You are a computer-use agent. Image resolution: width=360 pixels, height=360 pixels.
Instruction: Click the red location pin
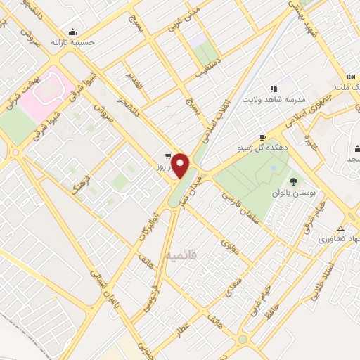tap(181, 165)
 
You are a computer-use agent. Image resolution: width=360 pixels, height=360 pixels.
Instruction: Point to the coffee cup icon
tap(262, 137)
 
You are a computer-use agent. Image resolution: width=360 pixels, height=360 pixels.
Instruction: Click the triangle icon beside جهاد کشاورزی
tap(341, 229)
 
